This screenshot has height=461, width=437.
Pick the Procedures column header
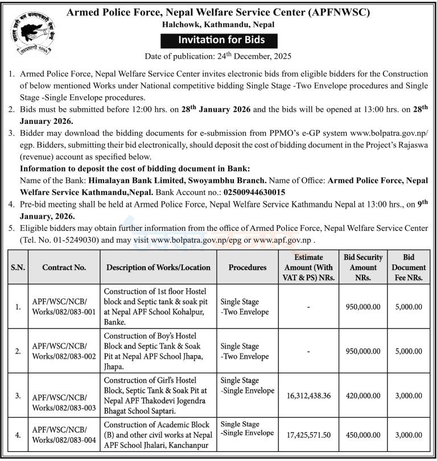pos(248,267)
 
